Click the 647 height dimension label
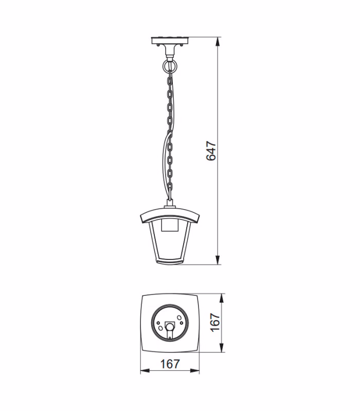pyautogui.click(x=211, y=151)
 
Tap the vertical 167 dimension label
pyautogui.click(x=215, y=323)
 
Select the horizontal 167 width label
pyautogui.click(x=170, y=364)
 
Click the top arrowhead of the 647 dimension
pyautogui.click(x=218, y=42)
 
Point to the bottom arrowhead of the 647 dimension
pyautogui.click(x=218, y=260)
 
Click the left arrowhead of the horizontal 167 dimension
pyautogui.click(x=145, y=371)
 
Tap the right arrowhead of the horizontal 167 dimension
pyautogui.click(x=195, y=371)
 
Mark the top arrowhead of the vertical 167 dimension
pyautogui.click(x=222, y=298)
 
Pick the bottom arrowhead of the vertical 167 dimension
pyautogui.click(x=222, y=348)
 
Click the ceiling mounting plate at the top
pyautogui.click(x=170, y=41)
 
